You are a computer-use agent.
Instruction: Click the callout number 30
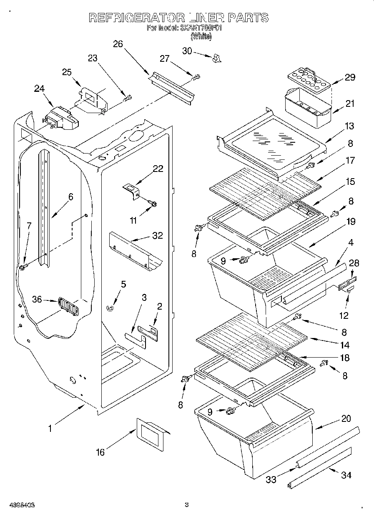(x=187, y=50)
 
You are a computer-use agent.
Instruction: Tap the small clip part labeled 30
(x=216, y=58)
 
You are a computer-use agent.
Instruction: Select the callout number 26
(x=118, y=44)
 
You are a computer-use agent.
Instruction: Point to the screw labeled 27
(x=196, y=77)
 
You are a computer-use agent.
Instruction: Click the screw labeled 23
(x=128, y=99)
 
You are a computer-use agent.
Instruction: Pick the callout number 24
(x=39, y=88)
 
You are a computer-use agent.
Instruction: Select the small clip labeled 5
(x=110, y=308)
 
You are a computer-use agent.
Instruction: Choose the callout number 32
(x=157, y=235)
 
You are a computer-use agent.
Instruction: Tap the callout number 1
(x=50, y=428)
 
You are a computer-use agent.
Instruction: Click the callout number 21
(x=350, y=104)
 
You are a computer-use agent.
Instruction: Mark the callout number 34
(x=346, y=475)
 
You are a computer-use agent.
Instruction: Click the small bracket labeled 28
(x=346, y=285)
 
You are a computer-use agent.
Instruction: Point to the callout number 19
(x=351, y=222)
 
